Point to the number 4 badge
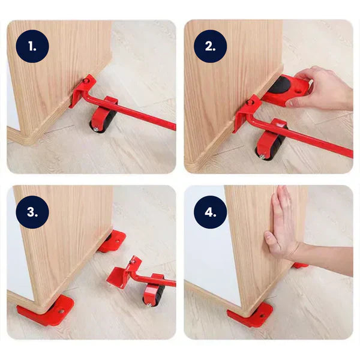pyautogui.click(x=211, y=212)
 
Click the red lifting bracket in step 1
pyautogui.click(x=82, y=91)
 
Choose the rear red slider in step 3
pyautogui.click(x=112, y=241)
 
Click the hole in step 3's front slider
pyautogui.click(x=61, y=311)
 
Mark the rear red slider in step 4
pyautogui.click(x=300, y=265)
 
